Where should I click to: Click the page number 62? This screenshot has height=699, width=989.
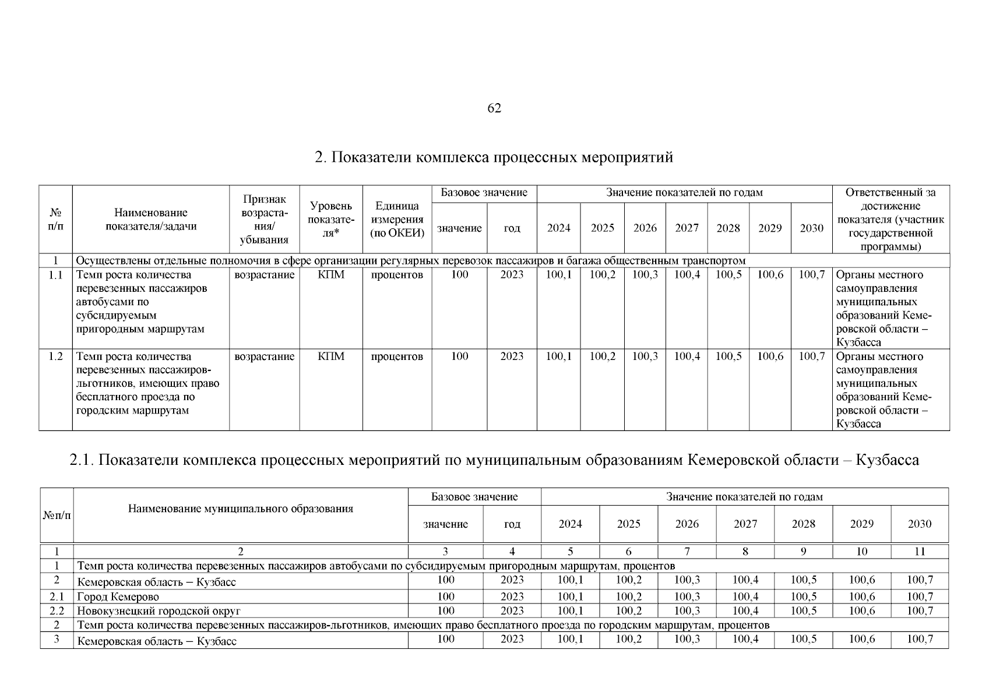click(x=494, y=108)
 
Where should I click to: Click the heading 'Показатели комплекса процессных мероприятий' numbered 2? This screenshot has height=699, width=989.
click(x=494, y=157)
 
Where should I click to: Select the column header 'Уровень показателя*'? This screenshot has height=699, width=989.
click(x=331, y=220)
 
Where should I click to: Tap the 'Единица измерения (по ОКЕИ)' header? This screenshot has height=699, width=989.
click(x=397, y=220)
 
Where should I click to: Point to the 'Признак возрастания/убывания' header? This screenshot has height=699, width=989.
click(x=264, y=220)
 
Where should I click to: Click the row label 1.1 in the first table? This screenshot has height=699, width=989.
click(x=55, y=275)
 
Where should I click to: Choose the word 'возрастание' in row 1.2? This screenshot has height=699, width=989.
click(x=264, y=356)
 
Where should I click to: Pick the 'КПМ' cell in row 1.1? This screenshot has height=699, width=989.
click(x=331, y=275)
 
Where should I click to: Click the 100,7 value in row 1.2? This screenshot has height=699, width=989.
click(x=811, y=356)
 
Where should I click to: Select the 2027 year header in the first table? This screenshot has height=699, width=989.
click(x=687, y=228)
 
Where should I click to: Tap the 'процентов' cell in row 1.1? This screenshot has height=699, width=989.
click(x=397, y=275)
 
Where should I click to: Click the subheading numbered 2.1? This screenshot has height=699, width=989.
click(x=494, y=460)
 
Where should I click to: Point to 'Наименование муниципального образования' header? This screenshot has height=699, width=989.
click(x=241, y=509)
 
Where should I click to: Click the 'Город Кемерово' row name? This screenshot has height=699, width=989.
click(x=118, y=597)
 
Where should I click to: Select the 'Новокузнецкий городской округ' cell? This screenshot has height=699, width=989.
click(x=159, y=611)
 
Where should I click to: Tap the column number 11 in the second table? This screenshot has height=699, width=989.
click(x=919, y=552)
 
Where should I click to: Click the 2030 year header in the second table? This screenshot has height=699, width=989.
click(x=919, y=524)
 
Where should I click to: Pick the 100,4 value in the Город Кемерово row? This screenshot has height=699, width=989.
click(x=745, y=596)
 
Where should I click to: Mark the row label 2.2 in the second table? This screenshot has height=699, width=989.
click(x=57, y=611)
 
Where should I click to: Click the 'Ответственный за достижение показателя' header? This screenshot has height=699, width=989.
click(x=891, y=220)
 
